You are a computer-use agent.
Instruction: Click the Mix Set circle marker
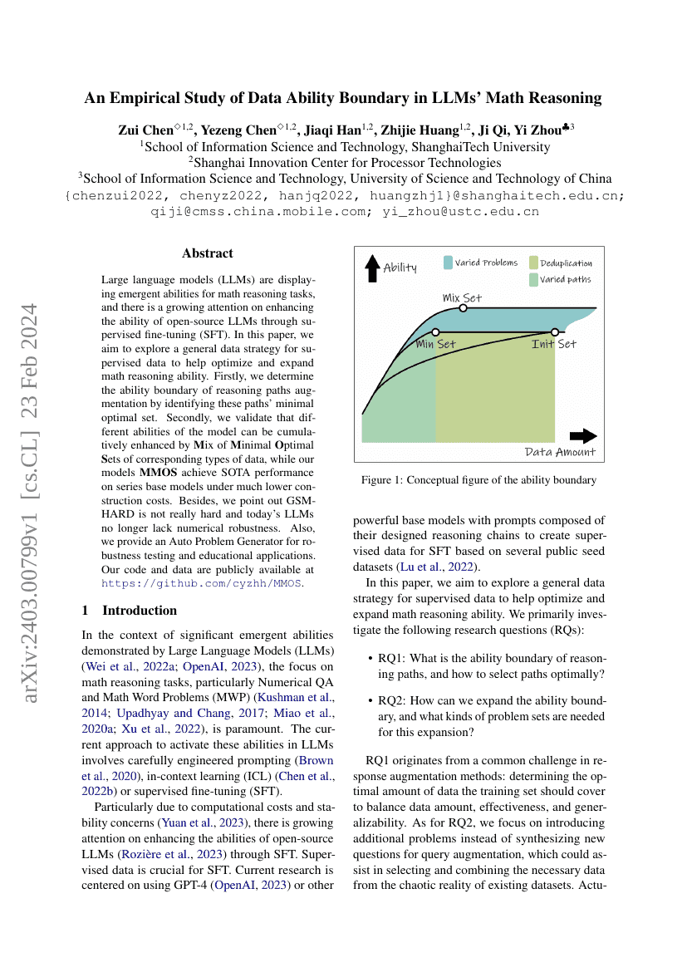pyautogui.click(x=463, y=308)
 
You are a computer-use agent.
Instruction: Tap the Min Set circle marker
pyautogui.click(x=435, y=331)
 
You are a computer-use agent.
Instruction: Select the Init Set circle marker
pyautogui.click(x=554, y=331)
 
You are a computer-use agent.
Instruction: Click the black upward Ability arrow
pyautogui.click(x=372, y=268)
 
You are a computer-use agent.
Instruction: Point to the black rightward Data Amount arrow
pyautogui.click(x=583, y=435)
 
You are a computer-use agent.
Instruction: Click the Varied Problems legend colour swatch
pyautogui.click(x=448, y=263)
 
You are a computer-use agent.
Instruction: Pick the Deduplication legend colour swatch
pyautogui.click(x=533, y=263)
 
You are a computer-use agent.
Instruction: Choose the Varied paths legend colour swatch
pyautogui.click(x=533, y=279)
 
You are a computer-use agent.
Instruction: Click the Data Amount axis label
pyautogui.click(x=560, y=452)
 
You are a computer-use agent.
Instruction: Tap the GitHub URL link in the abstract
pyautogui.click(x=202, y=583)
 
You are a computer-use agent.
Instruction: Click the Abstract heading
pyautogui.click(x=208, y=253)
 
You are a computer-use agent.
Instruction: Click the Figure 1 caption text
pyautogui.click(x=478, y=480)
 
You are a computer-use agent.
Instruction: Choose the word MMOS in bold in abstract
pyautogui.click(x=159, y=472)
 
